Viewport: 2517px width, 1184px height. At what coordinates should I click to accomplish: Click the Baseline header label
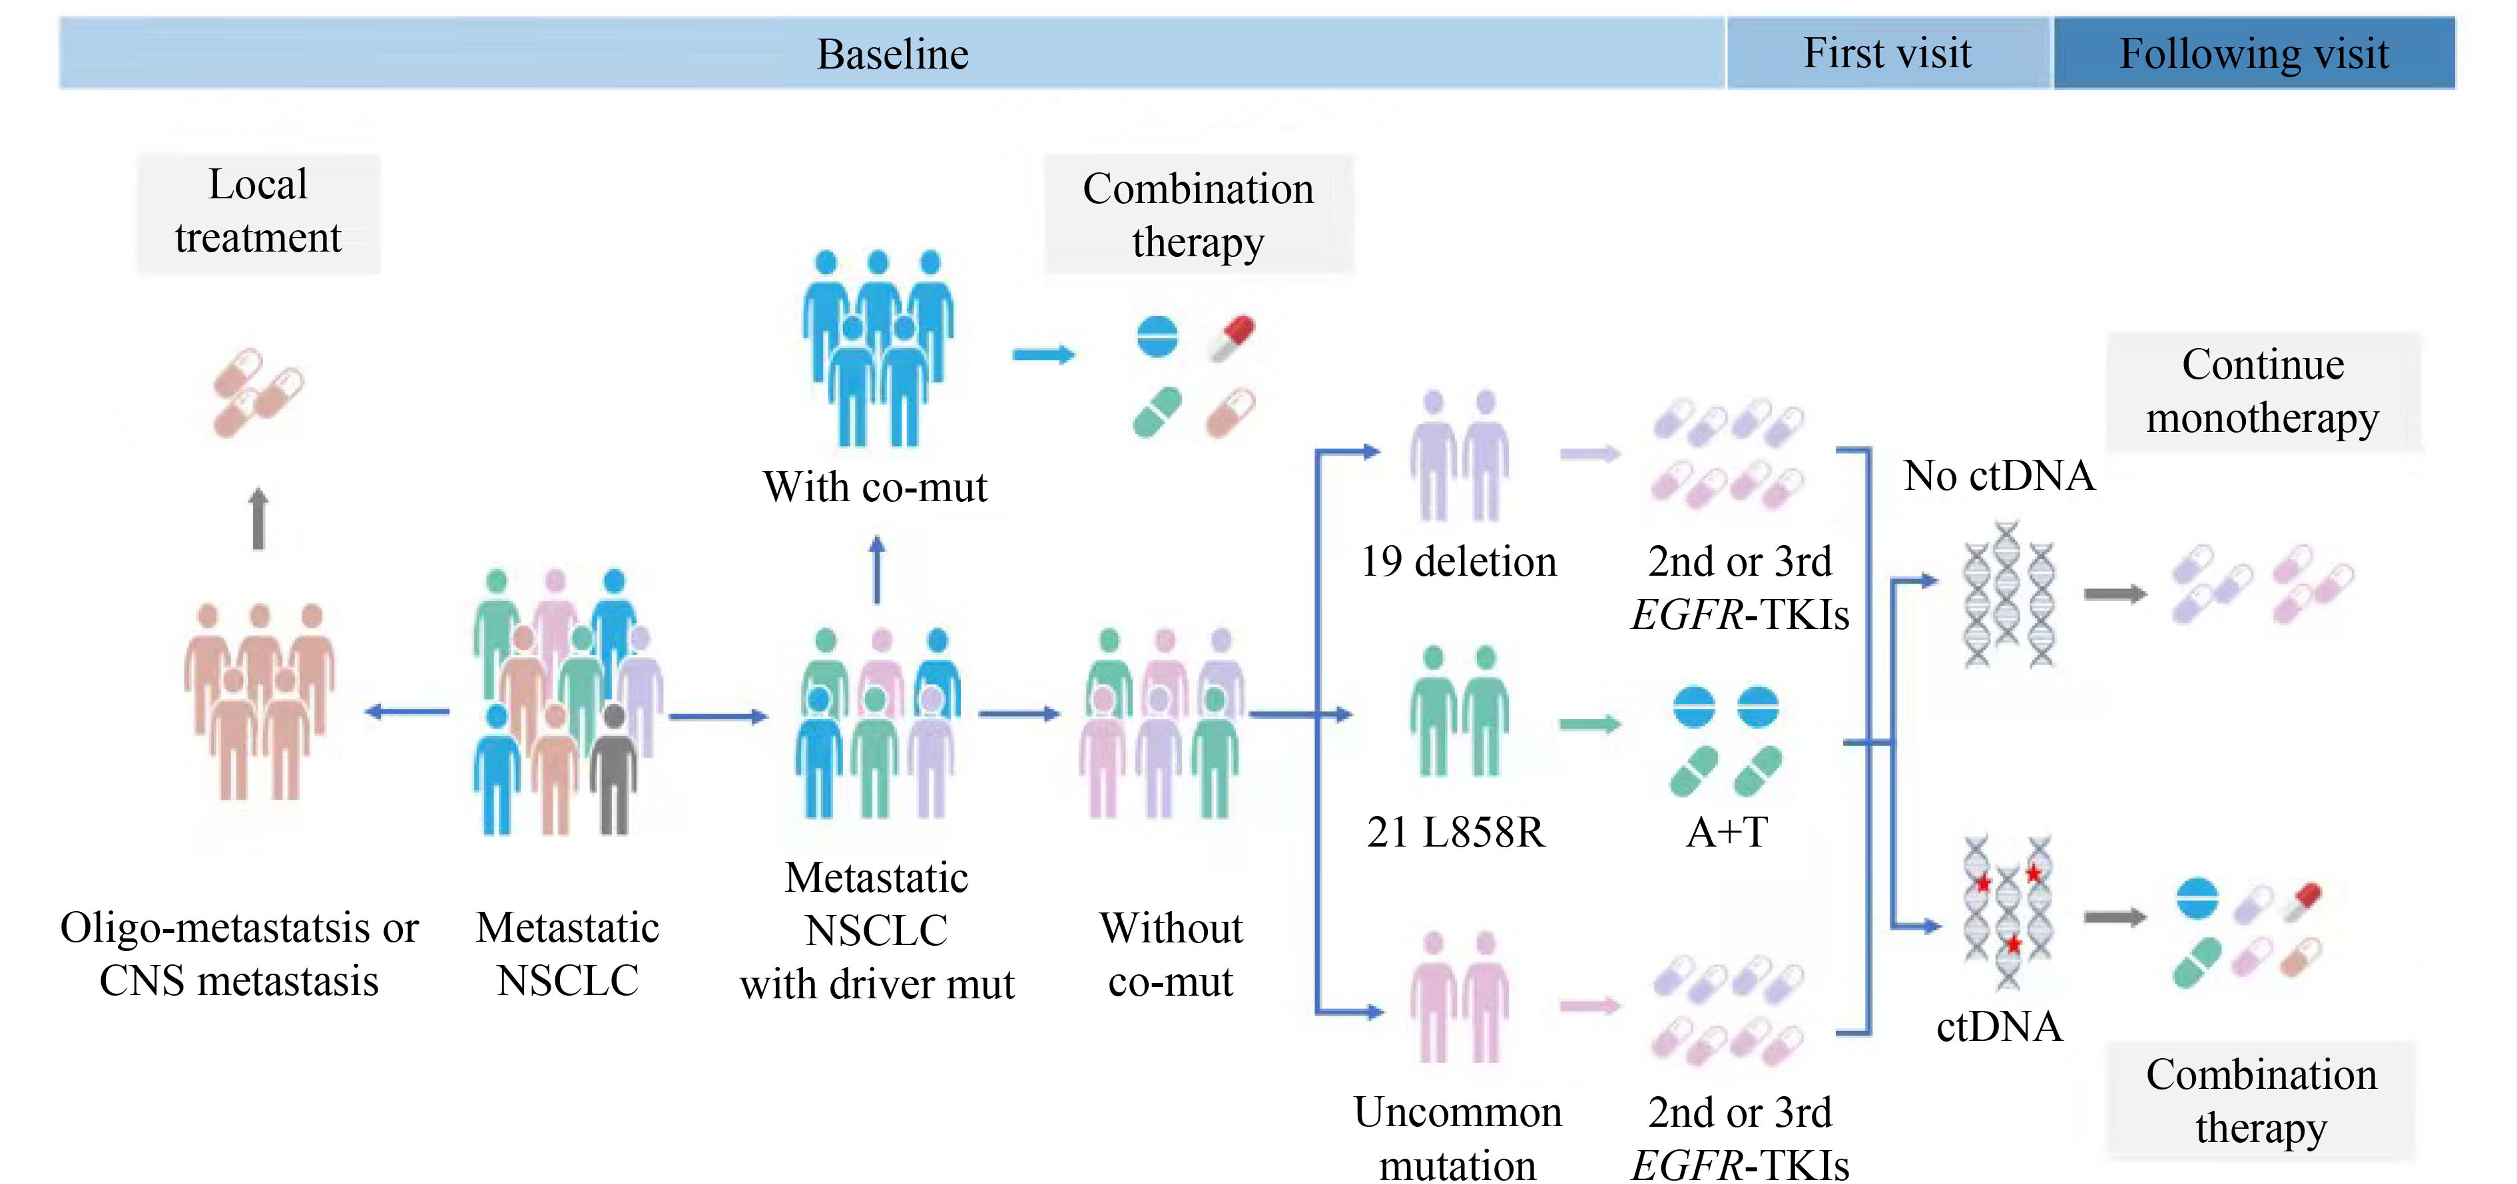pyautogui.click(x=892, y=55)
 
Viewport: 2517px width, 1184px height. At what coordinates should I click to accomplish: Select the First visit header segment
pyautogui.click(x=1887, y=54)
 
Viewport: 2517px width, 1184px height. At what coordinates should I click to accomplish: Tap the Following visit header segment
pyautogui.click(x=2253, y=54)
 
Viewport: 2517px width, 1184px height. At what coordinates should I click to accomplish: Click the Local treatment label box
pyautogui.click(x=258, y=212)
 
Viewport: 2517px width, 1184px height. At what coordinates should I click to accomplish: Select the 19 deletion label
pyautogui.click(x=1458, y=562)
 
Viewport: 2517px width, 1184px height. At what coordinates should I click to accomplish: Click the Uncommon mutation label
pyautogui.click(x=1458, y=1138)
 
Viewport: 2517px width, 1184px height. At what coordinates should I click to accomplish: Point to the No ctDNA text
pyautogui.click(x=1999, y=476)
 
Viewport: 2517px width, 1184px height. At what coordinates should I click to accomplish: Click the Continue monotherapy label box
pyautogui.click(x=2263, y=391)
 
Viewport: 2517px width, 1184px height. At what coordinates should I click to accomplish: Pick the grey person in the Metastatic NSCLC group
pyautogui.click(x=614, y=772)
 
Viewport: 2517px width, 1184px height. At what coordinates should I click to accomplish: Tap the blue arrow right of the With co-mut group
pyautogui.click(x=1043, y=355)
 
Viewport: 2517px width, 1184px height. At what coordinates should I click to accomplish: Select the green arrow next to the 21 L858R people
pyautogui.click(x=1589, y=724)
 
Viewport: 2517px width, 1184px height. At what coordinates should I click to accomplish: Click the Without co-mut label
pyautogui.click(x=1171, y=954)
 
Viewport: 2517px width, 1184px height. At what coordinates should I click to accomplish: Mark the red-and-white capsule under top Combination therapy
pyautogui.click(x=1232, y=337)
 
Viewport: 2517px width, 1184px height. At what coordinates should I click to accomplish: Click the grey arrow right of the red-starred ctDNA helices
pyautogui.click(x=2114, y=917)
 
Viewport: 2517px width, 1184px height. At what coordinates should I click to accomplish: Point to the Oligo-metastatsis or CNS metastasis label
pyautogui.click(x=240, y=954)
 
